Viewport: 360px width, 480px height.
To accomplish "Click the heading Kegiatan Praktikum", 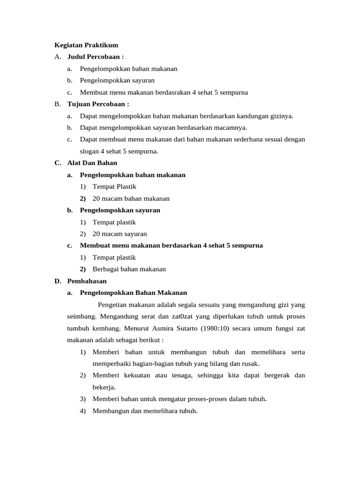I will point(86,45).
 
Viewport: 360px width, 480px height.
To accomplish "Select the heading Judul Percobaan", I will point(95,57).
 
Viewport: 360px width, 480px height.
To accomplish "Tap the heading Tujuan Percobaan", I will point(97,104).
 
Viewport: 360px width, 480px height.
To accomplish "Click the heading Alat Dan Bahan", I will point(92,163).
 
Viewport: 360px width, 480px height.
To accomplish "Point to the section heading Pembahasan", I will point(87,281).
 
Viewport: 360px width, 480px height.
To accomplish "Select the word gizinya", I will point(282,116).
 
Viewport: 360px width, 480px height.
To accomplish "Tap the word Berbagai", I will point(105,269).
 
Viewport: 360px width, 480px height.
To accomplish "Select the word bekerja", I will point(104,387).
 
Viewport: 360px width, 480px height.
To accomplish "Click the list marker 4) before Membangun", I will point(82,411).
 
